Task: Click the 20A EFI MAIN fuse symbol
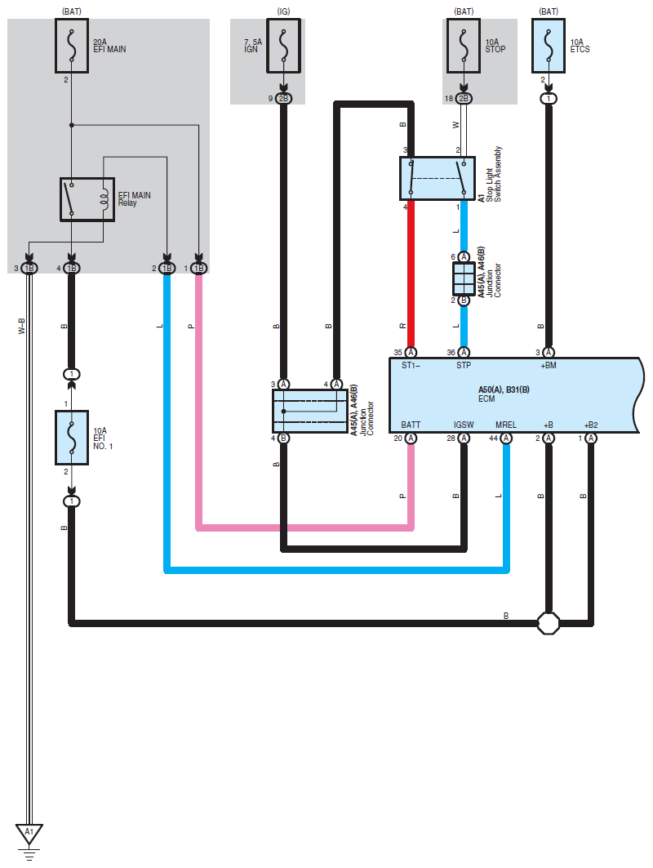tap(71, 46)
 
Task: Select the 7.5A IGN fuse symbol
tap(283, 46)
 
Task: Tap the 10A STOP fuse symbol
tap(463, 46)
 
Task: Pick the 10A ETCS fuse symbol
tap(548, 46)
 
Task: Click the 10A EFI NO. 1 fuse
tap(71, 438)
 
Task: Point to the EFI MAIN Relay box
tap(87, 199)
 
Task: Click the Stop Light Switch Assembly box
tap(438, 178)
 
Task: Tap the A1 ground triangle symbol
tap(29, 833)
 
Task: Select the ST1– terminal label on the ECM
tap(411, 365)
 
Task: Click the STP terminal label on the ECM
tap(464, 365)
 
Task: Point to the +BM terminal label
tap(549, 365)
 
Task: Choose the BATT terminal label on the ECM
tap(411, 425)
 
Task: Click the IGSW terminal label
tap(464, 425)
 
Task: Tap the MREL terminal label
tap(506, 425)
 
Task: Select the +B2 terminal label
tap(591, 425)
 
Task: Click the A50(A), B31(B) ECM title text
tap(504, 389)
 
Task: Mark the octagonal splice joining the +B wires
tap(549, 623)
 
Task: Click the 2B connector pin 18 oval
tap(464, 99)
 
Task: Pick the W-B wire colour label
tap(21, 326)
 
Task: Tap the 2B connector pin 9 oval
tap(283, 99)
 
